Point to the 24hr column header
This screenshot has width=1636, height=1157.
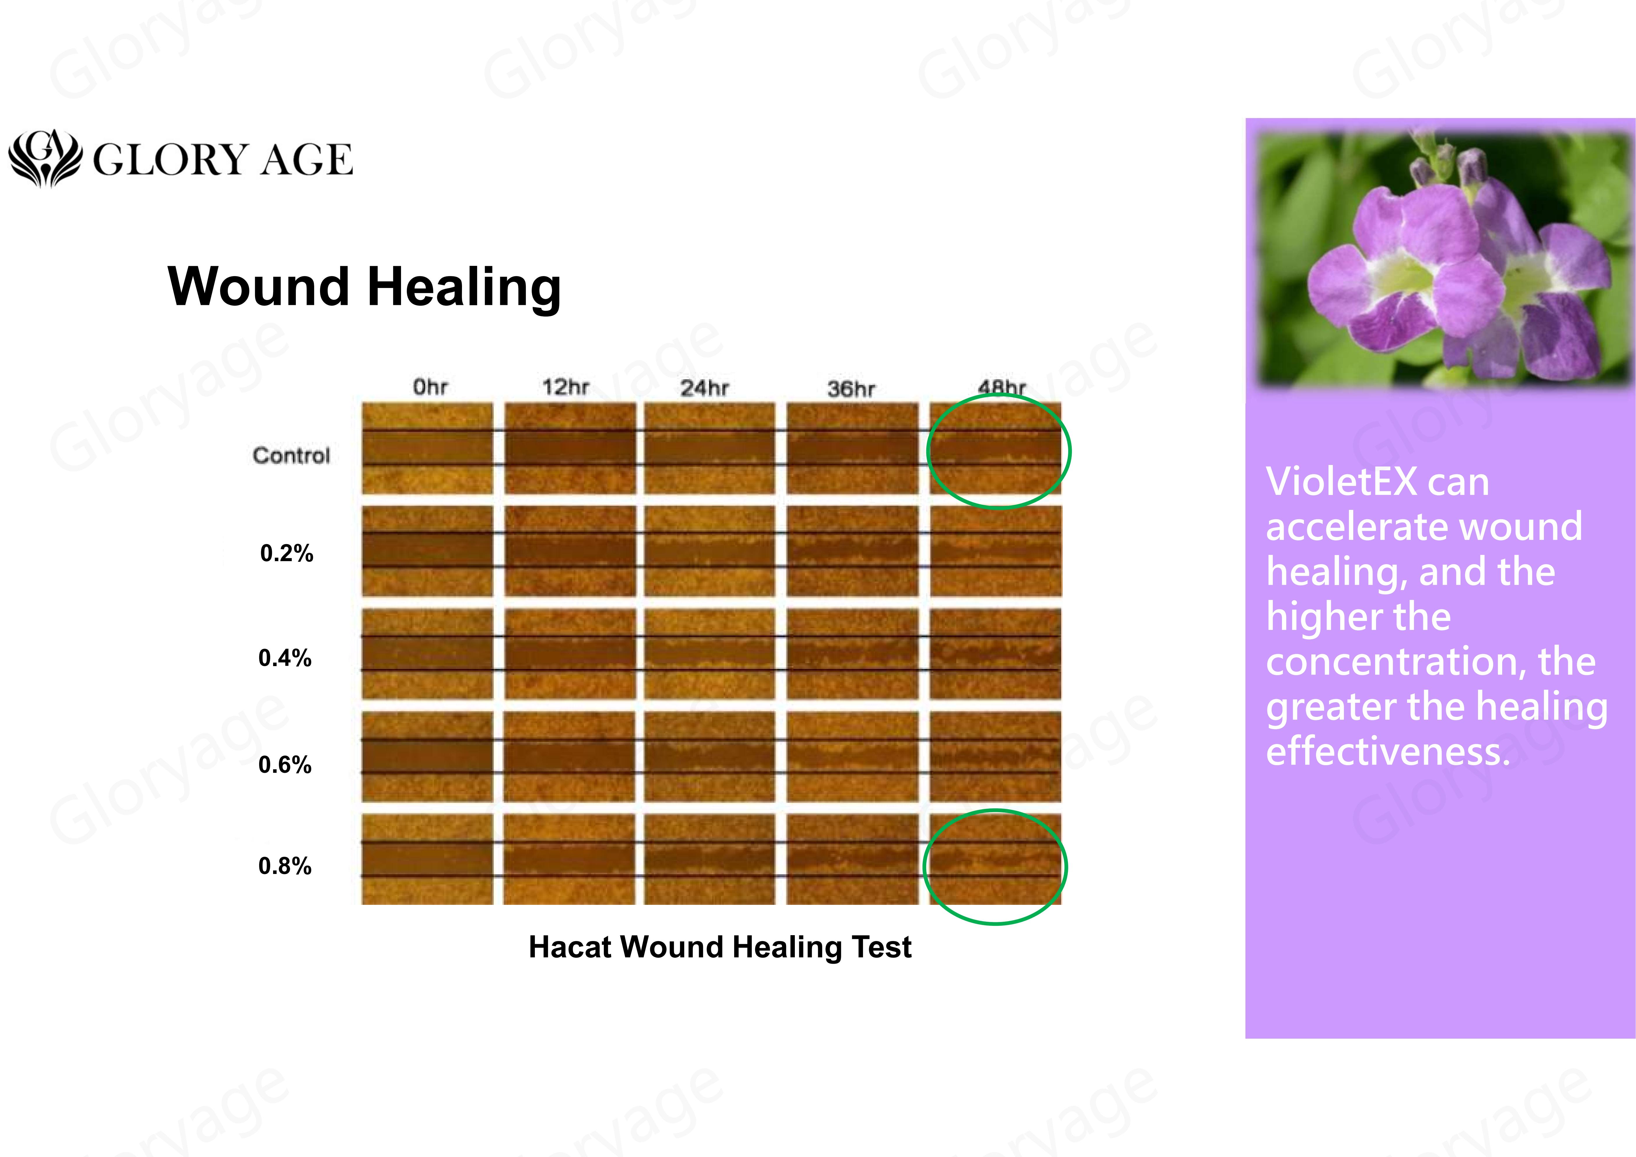pyautogui.click(x=704, y=388)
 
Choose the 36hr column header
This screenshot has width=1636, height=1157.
pyautogui.click(x=851, y=389)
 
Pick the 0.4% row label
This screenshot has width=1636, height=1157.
pyautogui.click(x=285, y=658)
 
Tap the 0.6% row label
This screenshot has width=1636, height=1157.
pyautogui.click(x=285, y=764)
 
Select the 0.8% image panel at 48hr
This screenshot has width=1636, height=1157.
pyautogui.click(x=995, y=859)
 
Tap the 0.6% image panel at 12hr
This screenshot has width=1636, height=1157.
pyautogui.click(x=569, y=756)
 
